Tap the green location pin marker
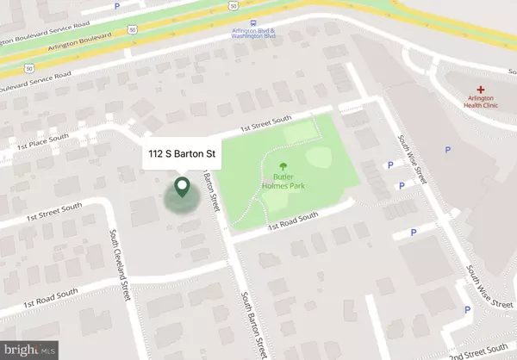(x=183, y=187)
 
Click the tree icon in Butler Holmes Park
(x=280, y=167)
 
